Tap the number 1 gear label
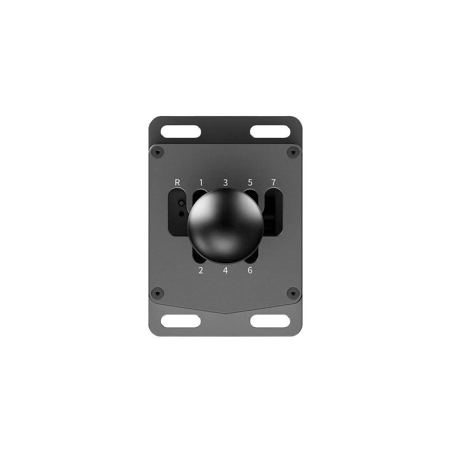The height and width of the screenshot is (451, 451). pos(201,182)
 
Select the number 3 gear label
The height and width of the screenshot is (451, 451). pos(225,182)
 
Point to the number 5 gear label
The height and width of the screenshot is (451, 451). pos(250,182)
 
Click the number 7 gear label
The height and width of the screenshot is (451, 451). pos(274,182)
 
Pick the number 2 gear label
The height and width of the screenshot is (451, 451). pos(201,270)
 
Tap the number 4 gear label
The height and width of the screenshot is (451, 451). pos(225,270)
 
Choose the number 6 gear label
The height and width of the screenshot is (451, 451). pos(250,270)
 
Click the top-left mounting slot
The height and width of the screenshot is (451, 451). pos(181,131)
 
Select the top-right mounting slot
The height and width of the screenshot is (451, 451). pos(270,131)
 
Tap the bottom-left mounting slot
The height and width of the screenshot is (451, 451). pos(181,321)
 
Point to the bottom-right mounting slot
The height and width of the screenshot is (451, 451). pos(270,321)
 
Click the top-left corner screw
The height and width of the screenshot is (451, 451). pos(157,152)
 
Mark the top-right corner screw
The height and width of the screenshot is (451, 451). pos(293,152)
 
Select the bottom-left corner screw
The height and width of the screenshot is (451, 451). pos(157,293)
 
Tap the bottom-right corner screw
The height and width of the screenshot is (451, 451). pos(293,293)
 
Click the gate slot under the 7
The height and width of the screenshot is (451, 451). pos(273,211)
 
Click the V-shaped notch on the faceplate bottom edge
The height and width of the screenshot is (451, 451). pos(225,313)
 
